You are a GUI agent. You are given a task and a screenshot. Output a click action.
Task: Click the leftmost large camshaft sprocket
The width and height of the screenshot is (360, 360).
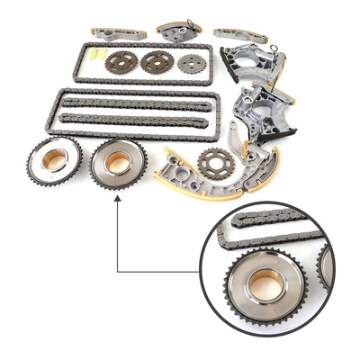click(53, 160)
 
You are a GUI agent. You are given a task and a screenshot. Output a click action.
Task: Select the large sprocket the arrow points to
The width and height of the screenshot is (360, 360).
click(118, 163)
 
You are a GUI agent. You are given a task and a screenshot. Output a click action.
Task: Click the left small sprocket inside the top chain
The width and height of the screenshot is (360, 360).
click(121, 62)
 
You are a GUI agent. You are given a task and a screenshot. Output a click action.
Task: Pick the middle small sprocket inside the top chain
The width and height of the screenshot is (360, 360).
click(157, 62)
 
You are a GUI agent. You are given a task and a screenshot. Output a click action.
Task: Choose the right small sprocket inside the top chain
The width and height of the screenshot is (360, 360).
click(191, 64)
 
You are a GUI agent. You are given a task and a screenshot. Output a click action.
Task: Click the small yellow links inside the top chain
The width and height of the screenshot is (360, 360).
click(90, 56)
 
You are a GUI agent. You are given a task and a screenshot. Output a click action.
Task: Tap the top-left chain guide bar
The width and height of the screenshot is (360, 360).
click(118, 33)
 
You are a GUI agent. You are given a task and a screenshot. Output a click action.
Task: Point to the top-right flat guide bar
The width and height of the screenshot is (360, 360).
click(239, 35)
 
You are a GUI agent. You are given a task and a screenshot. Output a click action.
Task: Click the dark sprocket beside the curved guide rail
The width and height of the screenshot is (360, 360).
click(216, 163)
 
